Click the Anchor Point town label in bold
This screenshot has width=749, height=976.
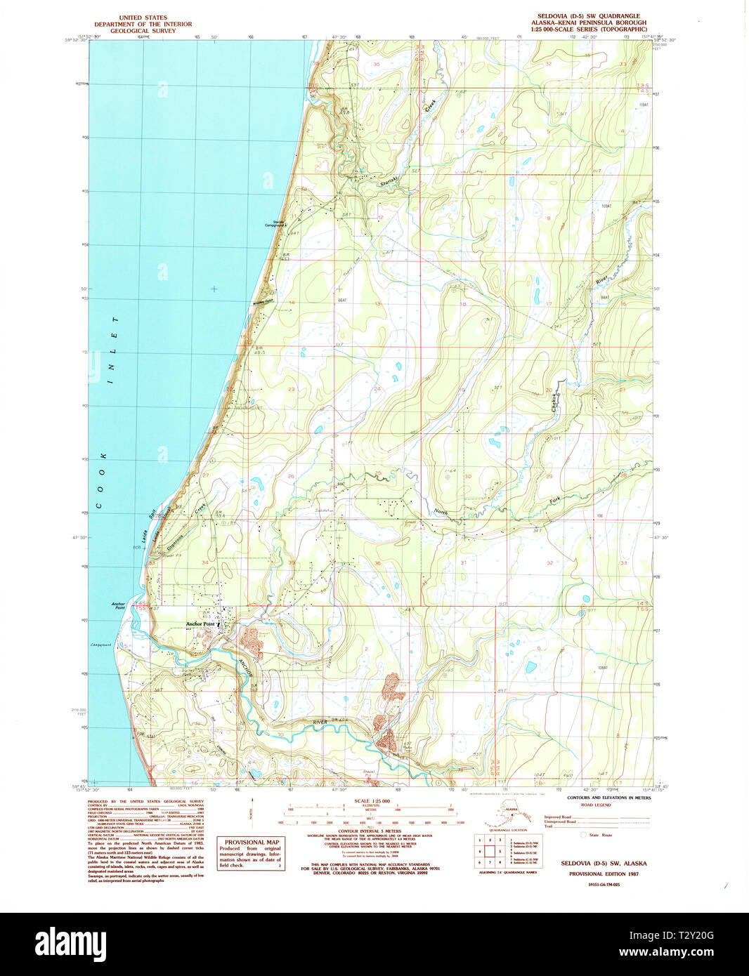click(202, 624)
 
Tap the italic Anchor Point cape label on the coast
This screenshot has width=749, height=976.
click(117, 605)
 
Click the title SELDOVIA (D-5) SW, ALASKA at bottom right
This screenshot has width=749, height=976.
click(604, 863)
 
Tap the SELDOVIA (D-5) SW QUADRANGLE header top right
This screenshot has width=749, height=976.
click(588, 16)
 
